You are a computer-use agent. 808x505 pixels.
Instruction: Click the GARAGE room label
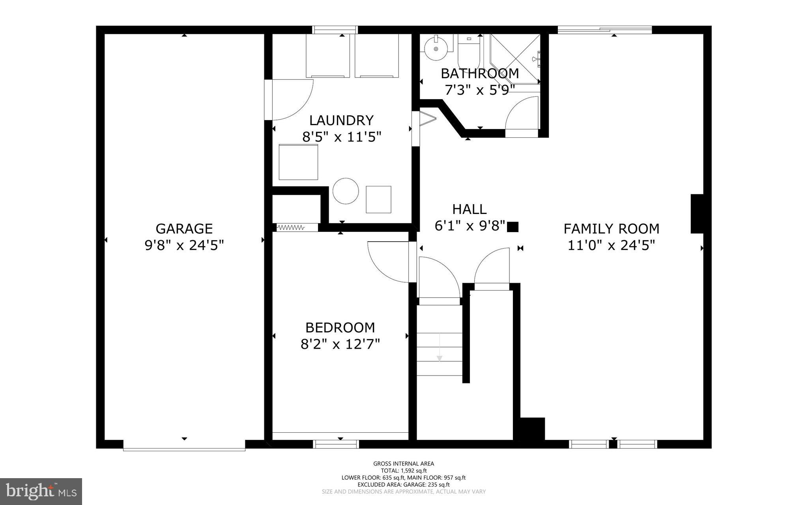click(184, 229)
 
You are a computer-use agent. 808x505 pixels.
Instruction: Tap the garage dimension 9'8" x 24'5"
click(184, 246)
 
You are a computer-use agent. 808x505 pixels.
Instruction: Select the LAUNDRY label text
click(341, 120)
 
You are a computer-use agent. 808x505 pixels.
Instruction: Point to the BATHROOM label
click(479, 73)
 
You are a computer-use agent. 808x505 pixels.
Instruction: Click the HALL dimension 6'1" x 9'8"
click(469, 226)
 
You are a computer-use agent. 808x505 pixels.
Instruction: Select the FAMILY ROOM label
click(611, 229)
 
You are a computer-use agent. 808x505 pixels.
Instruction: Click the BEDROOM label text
click(340, 327)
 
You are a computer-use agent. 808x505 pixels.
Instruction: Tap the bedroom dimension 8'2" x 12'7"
click(340, 344)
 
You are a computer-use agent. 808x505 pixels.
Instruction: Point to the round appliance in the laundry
click(346, 191)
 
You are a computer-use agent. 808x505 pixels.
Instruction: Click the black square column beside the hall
click(512, 227)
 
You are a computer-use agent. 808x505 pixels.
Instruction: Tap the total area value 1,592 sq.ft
click(413, 471)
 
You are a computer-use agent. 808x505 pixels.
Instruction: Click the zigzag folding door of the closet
click(291, 227)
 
